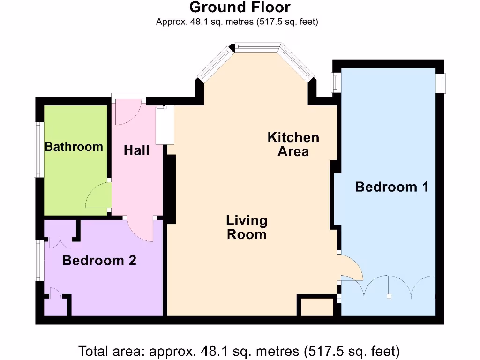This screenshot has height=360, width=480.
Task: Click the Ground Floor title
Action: (240, 7)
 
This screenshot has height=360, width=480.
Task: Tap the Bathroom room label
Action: (74, 147)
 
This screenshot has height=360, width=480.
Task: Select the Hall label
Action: (136, 150)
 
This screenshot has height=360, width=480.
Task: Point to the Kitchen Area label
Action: (293, 144)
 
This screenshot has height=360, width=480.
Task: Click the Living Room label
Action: (247, 227)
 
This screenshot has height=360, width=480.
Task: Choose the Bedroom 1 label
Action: (392, 187)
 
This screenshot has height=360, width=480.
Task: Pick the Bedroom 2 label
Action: (99, 260)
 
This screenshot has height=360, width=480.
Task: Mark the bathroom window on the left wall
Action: (38, 150)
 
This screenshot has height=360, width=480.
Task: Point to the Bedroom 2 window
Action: (38, 261)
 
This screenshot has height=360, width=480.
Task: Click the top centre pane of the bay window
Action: (257, 47)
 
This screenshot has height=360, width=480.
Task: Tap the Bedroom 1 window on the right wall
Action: (440, 82)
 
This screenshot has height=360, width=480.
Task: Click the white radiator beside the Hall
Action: (165, 125)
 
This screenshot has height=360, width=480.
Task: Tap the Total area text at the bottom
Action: (239, 350)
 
